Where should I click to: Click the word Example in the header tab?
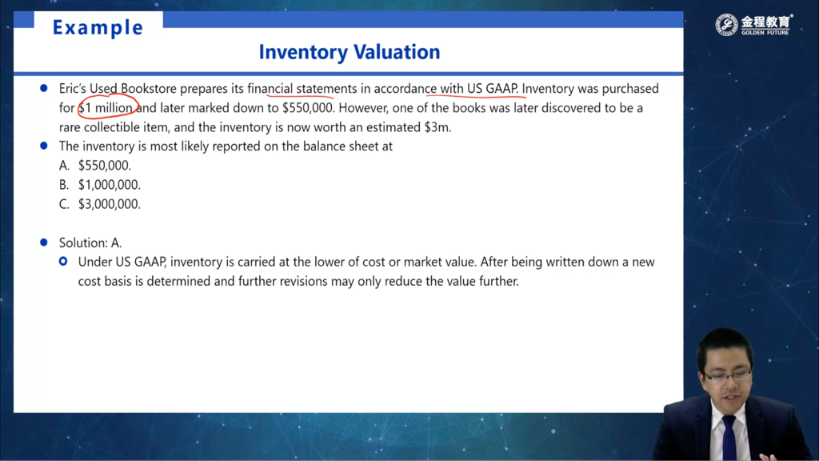[98, 28]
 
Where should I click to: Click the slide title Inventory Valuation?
[350, 52]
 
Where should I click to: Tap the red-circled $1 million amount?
[108, 108]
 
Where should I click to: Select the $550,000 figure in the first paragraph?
[308, 108]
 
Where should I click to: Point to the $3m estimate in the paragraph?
[437, 127]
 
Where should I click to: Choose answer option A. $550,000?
[95, 166]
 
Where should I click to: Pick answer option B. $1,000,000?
[100, 185]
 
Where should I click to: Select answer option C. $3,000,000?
[100, 204]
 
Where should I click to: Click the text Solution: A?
[90, 243]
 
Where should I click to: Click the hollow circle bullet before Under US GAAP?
[63, 261]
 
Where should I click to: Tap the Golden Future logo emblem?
[726, 25]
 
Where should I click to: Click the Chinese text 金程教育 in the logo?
[765, 22]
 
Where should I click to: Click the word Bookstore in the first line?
[148, 88]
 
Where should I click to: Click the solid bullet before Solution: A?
[44, 243]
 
